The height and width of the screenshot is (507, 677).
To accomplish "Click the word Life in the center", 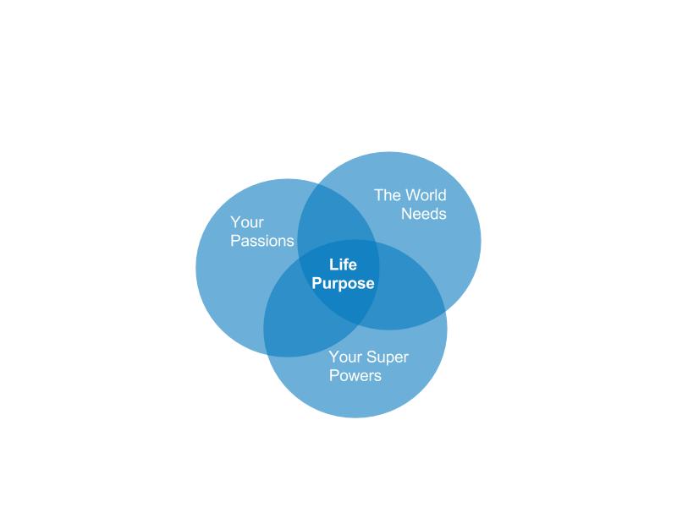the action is click(x=343, y=264).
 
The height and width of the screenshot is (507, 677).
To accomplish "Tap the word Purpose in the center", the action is click(x=343, y=284).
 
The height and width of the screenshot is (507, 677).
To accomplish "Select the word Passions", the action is click(x=262, y=241).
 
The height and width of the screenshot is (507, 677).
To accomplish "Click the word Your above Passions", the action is click(x=246, y=222).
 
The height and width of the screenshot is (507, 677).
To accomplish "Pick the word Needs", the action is click(x=424, y=214).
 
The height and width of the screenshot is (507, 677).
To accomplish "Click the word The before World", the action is click(x=388, y=195).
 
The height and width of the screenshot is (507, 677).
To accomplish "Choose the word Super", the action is click(x=388, y=357).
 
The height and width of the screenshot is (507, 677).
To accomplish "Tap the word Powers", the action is click(x=355, y=375).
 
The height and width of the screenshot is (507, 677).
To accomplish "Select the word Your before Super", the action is click(x=345, y=357).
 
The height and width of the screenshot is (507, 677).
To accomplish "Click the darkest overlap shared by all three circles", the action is click(x=341, y=281).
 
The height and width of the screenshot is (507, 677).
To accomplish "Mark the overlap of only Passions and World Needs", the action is click(x=333, y=215).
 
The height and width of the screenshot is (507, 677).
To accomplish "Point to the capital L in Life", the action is click(x=333, y=264).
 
